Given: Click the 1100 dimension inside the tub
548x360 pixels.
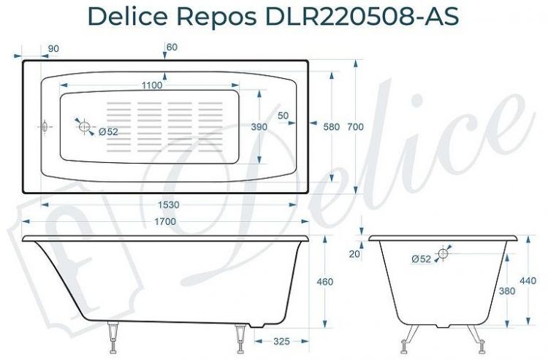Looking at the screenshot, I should pos(151,85).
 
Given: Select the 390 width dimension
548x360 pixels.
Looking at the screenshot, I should pos(259,127).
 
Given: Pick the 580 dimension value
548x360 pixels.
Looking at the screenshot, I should pos(331,127).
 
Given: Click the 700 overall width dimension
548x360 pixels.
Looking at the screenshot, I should pos(355,127).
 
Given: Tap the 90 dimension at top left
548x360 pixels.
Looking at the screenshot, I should pos(53,48).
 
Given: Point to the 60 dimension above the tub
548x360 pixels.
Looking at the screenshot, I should pos(172,47).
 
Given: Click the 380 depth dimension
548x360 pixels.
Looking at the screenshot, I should pos(507,291).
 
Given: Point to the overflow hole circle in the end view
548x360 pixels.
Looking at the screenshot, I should pos(442,253).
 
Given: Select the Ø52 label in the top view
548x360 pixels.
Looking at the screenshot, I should pos(107,131).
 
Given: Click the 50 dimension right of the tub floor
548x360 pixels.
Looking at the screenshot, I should pos(283,115).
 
